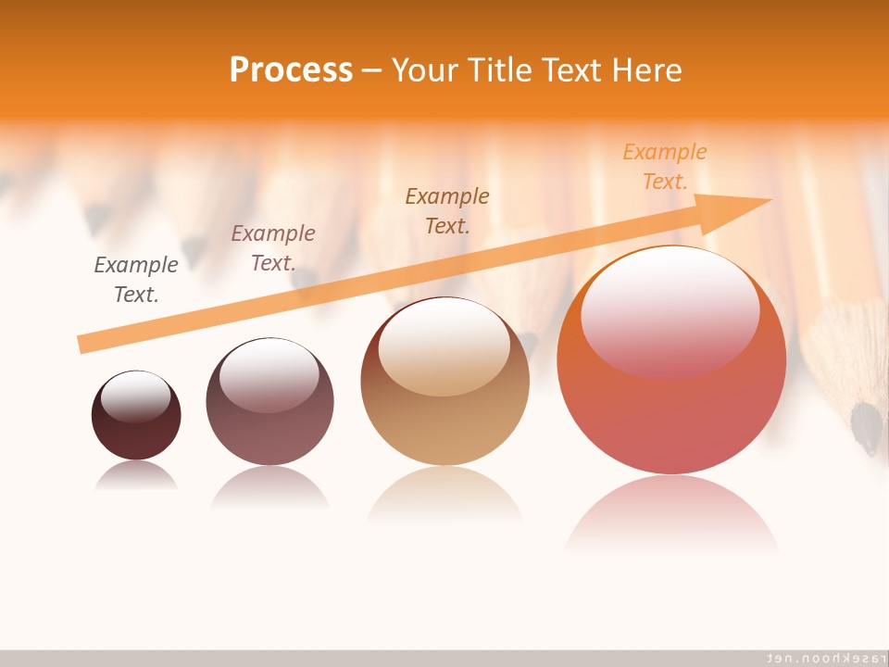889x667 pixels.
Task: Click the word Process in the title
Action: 291,70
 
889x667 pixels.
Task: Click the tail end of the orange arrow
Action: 85,344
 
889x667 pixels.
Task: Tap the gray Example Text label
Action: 136,280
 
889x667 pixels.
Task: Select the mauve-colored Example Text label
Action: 273,248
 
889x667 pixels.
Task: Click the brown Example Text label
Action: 447,211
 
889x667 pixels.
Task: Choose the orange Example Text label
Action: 665,167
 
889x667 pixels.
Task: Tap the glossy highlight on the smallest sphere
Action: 136,396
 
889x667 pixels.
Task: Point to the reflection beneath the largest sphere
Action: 671,514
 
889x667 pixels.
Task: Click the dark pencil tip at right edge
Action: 867,428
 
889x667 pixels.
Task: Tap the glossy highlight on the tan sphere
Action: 444,347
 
